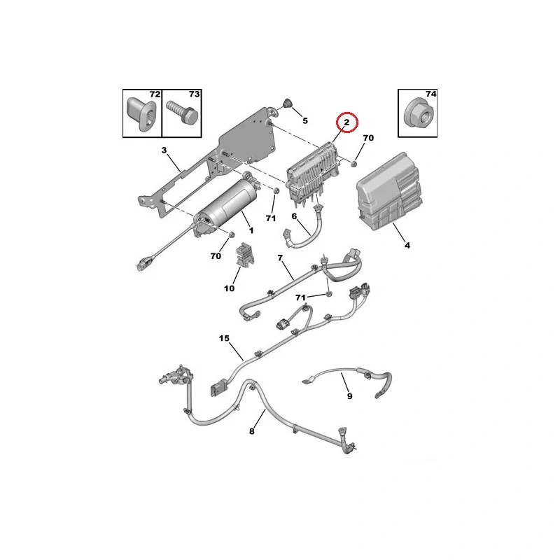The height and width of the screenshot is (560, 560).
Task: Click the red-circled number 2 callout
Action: pos(346,122)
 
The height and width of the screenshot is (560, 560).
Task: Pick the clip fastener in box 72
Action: pos(141,114)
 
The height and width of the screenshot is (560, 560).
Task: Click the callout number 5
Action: pos(305,120)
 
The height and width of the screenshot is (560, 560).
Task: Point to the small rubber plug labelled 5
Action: pos(287,104)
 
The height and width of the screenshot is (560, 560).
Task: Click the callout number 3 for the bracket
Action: pos(164,150)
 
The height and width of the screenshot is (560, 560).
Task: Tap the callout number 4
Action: pos(407,246)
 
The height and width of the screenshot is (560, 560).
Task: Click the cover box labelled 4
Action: pos(389,191)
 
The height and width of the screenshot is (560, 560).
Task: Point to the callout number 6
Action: pos(294,216)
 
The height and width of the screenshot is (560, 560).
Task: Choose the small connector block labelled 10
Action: pos(244,254)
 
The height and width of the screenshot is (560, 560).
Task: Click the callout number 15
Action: pos(224,338)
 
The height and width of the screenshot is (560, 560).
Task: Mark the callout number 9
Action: pos(349,395)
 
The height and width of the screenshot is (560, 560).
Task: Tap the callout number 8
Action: pos(252,431)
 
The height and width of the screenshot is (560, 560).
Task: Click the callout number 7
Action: pos(280,258)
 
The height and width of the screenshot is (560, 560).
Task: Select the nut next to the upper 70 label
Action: pos(354,164)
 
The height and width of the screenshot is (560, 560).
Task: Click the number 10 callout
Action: pos(230,288)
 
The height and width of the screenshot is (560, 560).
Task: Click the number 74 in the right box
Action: pos(430,94)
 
